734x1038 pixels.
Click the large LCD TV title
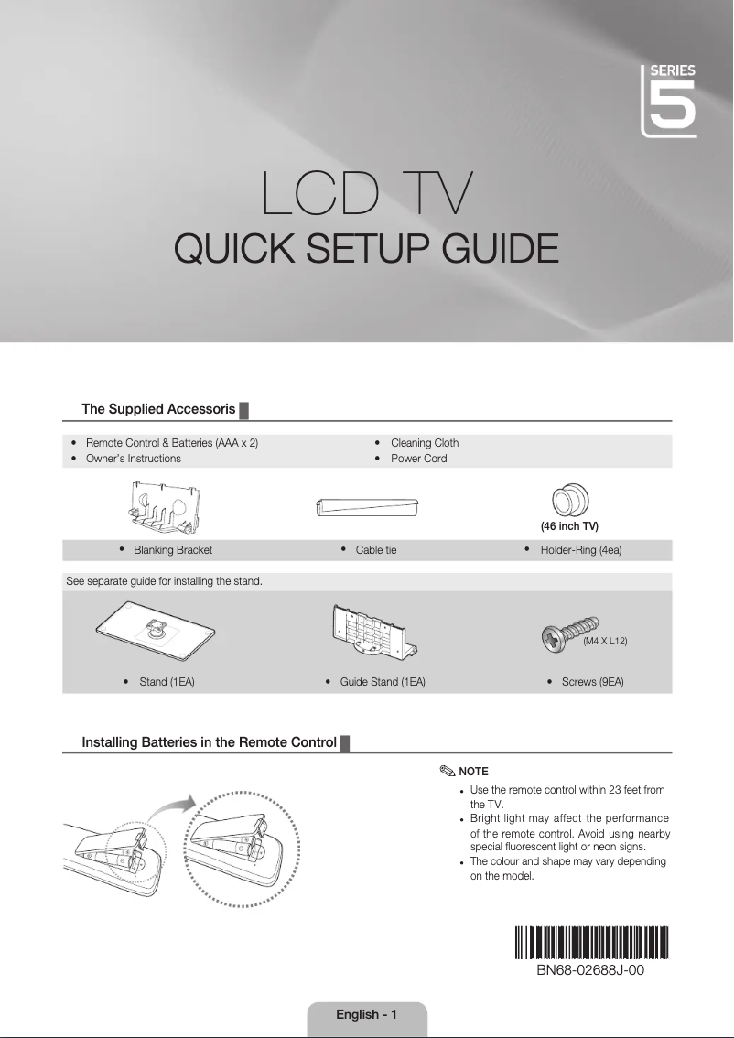367,193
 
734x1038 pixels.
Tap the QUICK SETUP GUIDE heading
366,248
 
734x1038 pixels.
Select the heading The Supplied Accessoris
158,409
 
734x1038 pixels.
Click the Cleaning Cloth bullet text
424,443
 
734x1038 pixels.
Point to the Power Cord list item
418,459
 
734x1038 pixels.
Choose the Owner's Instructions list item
133,459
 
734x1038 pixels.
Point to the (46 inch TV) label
569,527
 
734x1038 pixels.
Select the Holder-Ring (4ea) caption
580,551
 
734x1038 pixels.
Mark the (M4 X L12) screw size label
605,642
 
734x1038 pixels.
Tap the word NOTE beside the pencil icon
473,772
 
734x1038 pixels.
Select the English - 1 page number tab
366,1014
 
